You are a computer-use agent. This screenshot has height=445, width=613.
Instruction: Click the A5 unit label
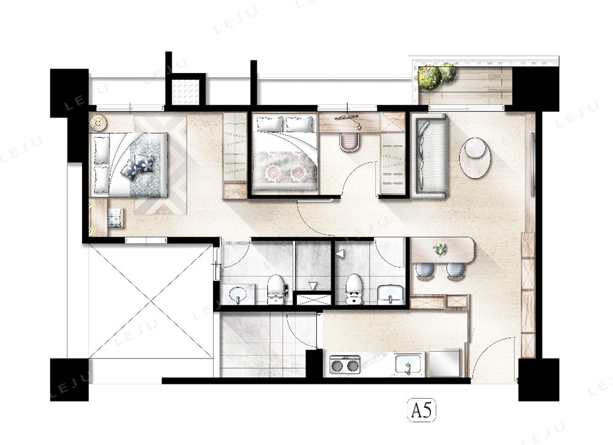click(422, 411)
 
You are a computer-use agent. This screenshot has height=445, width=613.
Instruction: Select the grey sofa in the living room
click(430, 156)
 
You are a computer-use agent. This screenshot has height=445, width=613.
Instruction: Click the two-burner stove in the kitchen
click(345, 365)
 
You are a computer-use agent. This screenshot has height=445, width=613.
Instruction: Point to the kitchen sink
click(409, 364)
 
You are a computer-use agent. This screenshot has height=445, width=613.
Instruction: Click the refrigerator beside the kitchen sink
click(445, 362)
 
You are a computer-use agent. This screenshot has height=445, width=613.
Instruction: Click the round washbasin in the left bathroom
click(238, 294)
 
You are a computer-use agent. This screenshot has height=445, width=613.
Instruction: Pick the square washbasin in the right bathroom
click(390, 294)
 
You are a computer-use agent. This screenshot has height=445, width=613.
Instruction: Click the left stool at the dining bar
click(425, 271)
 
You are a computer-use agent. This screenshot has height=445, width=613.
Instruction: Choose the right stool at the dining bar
click(456, 271)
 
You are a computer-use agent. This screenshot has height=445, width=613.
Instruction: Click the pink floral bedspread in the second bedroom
click(285, 167)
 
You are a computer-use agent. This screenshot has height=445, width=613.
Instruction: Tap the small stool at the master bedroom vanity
click(115, 218)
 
